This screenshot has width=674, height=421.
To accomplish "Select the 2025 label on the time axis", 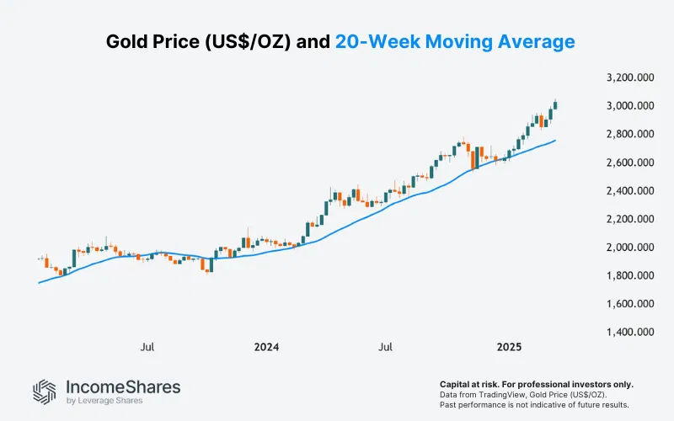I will coord(510,346).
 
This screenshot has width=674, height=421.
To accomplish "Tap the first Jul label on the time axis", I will coord(147,346).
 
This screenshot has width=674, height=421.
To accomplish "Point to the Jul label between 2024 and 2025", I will coord(387,346).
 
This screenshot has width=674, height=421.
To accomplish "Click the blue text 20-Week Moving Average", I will coord(456,41).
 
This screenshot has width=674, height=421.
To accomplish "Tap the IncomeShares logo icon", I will coord(45,391).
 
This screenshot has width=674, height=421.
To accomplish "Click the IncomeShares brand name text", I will coord(123,386).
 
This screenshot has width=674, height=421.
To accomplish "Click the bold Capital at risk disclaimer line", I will coord(537,384).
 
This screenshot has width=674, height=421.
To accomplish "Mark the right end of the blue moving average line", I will coord(555,141).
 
